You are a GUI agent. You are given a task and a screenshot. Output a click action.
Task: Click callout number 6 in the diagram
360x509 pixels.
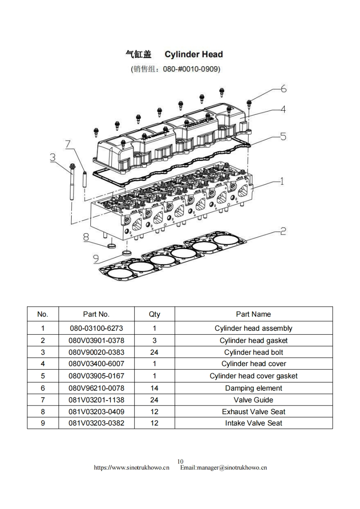pyautogui.click(x=283, y=88)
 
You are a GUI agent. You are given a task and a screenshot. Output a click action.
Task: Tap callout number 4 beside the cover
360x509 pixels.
pyautogui.click(x=282, y=109)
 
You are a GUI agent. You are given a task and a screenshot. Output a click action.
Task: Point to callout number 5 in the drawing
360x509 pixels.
pyautogui.click(x=282, y=136)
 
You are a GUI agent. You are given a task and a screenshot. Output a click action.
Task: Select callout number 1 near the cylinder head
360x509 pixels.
pyautogui.click(x=281, y=181)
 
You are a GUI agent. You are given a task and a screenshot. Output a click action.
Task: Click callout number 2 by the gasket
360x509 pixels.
pyautogui.click(x=282, y=231)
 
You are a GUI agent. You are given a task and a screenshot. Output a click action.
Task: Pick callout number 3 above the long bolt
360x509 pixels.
pyautogui.click(x=53, y=157)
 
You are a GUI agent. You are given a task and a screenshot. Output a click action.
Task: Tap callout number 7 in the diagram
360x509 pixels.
pyautogui.click(x=68, y=144)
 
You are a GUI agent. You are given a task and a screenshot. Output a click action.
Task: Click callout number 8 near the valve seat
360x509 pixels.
pyautogui.click(x=85, y=237)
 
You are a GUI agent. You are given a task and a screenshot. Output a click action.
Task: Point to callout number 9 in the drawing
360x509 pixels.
pyautogui.click(x=96, y=259)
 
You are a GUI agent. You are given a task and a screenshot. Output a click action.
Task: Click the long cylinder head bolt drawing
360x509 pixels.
pyautogui.click(x=73, y=184)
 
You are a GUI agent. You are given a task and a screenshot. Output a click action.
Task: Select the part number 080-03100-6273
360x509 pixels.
pyautogui.click(x=96, y=328)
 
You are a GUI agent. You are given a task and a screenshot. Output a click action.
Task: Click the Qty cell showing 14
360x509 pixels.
pyautogui.click(x=154, y=388)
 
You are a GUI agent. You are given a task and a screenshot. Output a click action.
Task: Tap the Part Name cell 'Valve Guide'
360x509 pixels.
pyautogui.click(x=253, y=400)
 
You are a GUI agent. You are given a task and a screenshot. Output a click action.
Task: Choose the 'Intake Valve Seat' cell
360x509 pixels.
pyautogui.click(x=253, y=423)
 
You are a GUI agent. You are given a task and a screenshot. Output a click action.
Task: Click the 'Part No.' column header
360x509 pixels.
pyautogui.click(x=96, y=314)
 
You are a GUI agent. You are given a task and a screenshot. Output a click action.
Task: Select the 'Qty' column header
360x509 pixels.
pyautogui.click(x=154, y=314)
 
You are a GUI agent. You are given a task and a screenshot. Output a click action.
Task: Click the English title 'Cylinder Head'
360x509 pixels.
pyautogui.click(x=193, y=54)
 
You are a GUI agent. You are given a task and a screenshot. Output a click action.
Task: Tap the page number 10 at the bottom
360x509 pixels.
pyautogui.click(x=180, y=462)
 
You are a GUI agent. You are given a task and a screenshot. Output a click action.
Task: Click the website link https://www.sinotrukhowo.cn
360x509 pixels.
pyautogui.click(x=132, y=468)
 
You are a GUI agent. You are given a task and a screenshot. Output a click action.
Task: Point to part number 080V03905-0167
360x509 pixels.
pyautogui.click(x=96, y=376)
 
